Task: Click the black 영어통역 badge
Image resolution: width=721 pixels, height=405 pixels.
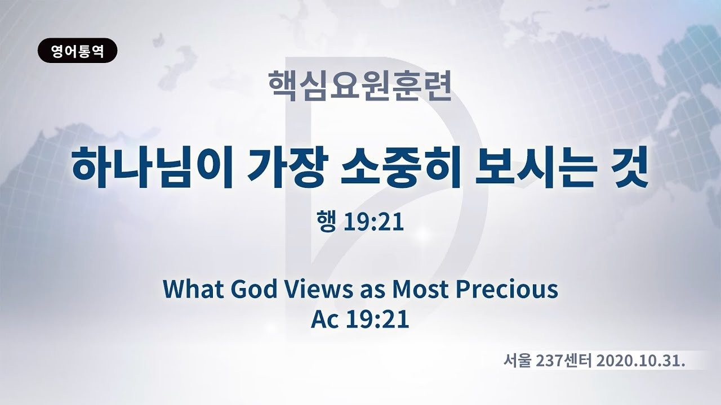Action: (x=78, y=51)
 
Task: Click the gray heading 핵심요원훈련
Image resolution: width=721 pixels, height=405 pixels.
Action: (x=360, y=85)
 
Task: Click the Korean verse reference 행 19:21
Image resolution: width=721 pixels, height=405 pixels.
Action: (x=360, y=222)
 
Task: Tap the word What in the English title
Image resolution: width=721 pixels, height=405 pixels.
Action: (x=193, y=289)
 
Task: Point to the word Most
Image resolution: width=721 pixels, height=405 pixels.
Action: (x=420, y=289)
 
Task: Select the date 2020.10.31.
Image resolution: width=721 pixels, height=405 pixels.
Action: (x=640, y=362)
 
